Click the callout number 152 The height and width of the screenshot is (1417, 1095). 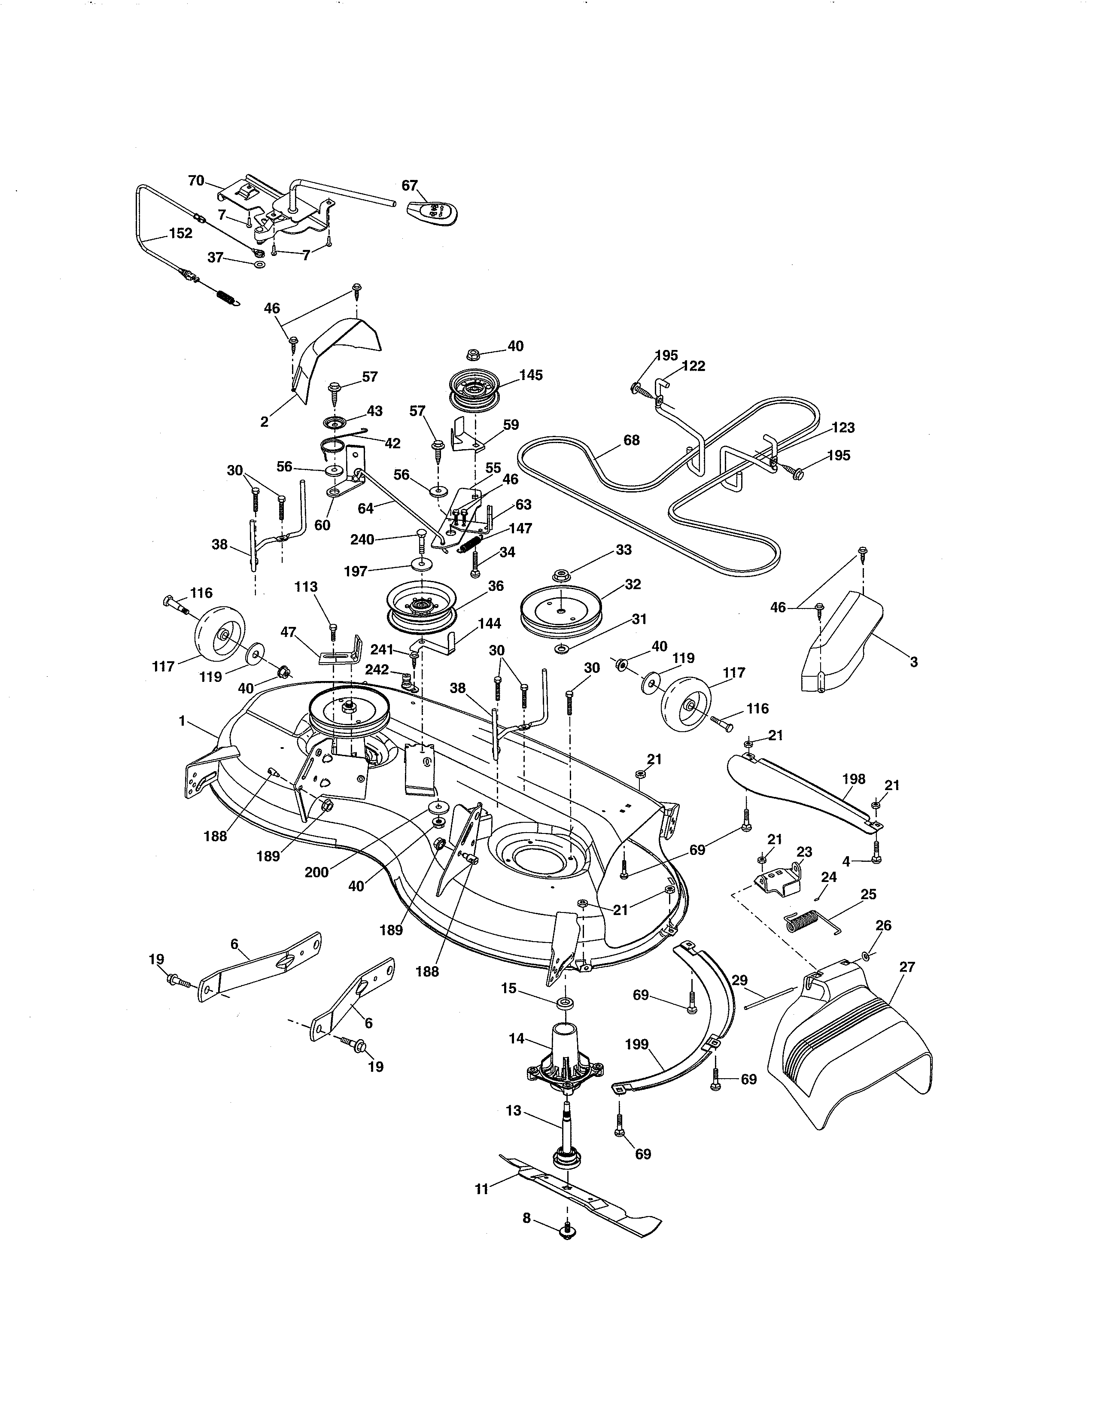coord(180,234)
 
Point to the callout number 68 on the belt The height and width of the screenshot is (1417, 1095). coord(631,441)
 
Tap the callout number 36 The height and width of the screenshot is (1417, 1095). coord(496,586)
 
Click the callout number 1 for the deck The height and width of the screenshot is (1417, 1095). coord(182,720)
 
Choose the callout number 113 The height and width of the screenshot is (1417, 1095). coord(306,587)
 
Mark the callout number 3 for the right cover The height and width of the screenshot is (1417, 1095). coord(913,663)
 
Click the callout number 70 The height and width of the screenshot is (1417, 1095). coord(196,181)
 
